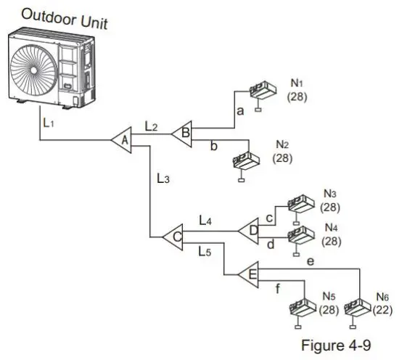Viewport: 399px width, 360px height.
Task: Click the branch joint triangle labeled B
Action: (x=182, y=132)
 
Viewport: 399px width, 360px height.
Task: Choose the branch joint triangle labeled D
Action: (x=250, y=229)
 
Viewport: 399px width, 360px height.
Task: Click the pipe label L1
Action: (x=48, y=124)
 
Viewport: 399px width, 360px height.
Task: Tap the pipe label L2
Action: (x=151, y=126)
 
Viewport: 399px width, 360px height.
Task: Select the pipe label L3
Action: (x=163, y=177)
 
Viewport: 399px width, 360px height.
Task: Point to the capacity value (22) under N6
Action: (x=382, y=310)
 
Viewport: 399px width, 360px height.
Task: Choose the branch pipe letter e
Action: (x=310, y=260)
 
